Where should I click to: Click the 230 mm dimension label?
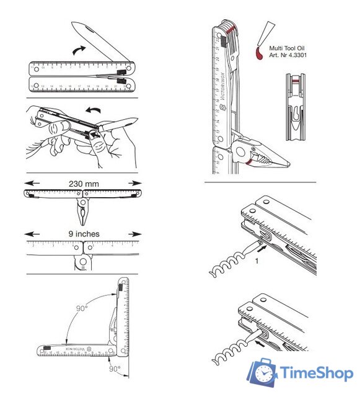pos(82,183)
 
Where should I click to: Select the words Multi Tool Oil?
pos(288,48)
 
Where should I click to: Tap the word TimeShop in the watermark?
pos(315,373)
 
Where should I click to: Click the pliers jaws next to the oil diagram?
pos(266,155)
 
